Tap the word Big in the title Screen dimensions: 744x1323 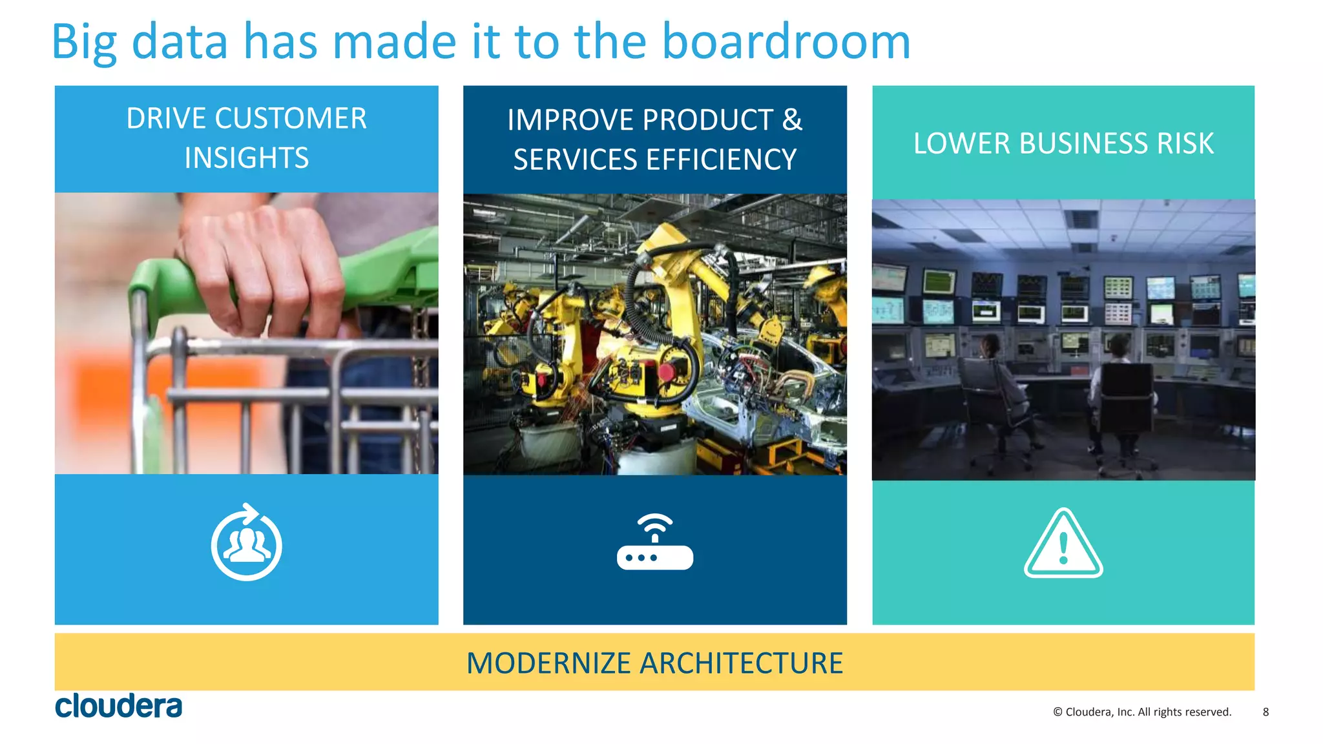(x=84, y=43)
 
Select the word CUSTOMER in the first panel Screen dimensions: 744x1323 (x=291, y=119)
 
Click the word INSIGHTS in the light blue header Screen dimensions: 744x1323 (x=246, y=158)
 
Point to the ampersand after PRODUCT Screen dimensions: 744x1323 (x=792, y=120)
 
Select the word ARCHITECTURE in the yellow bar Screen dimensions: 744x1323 (x=741, y=663)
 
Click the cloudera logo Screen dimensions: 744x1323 (x=118, y=706)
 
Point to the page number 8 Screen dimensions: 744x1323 (x=1266, y=712)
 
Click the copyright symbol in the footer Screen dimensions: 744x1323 (x=1057, y=712)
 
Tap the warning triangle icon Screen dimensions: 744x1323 (x=1063, y=544)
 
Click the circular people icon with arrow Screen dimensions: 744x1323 (x=246, y=543)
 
